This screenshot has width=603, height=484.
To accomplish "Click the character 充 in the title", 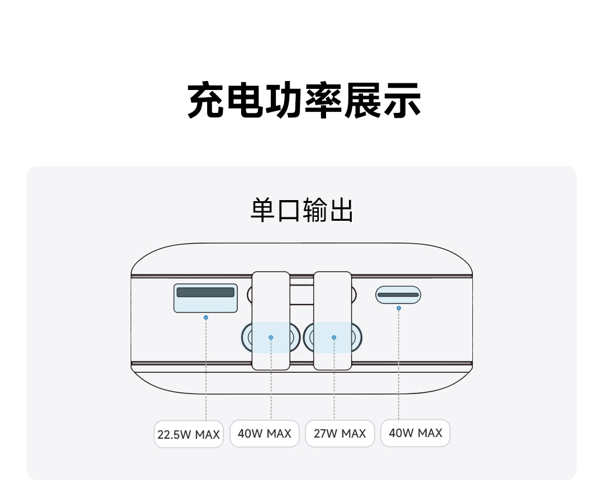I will click(x=206, y=101).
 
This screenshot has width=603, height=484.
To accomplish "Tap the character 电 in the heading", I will click(x=245, y=101).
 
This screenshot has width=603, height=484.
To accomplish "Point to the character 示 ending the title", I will click(x=401, y=101).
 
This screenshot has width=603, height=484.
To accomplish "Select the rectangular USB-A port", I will click(x=205, y=296).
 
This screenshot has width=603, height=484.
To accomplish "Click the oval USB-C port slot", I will click(x=398, y=295).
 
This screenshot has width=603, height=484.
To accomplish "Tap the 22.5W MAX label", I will click(x=189, y=434).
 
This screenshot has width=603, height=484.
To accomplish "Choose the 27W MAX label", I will click(x=340, y=434).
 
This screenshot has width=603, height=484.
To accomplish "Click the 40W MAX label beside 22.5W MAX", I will click(x=265, y=434).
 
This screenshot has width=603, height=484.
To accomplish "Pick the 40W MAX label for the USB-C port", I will click(x=415, y=433).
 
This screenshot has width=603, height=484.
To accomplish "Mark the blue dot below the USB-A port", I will click(x=206, y=317).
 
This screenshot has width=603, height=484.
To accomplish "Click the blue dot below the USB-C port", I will click(x=399, y=308).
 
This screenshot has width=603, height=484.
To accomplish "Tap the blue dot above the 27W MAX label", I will click(x=334, y=338).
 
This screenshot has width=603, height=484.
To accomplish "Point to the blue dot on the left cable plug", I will click(x=271, y=338).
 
